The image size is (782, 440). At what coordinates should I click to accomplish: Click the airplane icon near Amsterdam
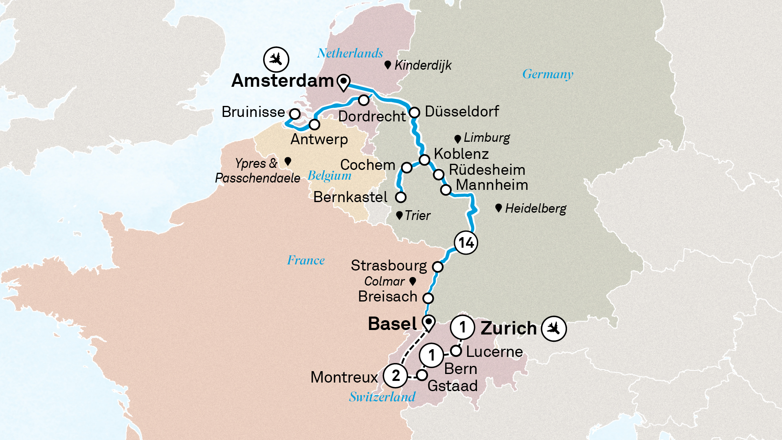pos(276,59)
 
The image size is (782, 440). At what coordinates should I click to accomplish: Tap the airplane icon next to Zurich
pos(554,328)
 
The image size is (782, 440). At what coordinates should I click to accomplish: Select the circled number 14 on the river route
pos(466,243)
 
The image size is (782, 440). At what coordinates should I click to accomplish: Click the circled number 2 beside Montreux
pos(395,376)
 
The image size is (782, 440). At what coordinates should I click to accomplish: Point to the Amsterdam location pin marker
pos(343,82)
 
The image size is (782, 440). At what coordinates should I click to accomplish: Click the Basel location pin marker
pos(428,323)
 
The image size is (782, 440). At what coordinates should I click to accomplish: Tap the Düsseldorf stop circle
pos(414,112)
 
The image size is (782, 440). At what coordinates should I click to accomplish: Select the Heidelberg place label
pos(536,209)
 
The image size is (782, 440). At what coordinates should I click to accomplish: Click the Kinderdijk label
pos(423,65)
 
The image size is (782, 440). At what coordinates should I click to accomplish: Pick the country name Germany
pos(548,74)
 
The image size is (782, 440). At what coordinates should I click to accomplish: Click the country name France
pos(306,260)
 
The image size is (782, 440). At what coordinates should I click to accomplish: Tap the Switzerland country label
pos(382,397)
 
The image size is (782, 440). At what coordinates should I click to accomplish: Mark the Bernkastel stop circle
pos(401,198)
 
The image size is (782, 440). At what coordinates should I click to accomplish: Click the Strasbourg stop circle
pos(438,267)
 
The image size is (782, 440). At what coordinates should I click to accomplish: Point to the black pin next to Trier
pos(399,215)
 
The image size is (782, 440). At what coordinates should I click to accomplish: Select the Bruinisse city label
pos(253,112)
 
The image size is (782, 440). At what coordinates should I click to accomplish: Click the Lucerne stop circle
pos(456,351)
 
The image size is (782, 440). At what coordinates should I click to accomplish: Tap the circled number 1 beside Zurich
pos(462,327)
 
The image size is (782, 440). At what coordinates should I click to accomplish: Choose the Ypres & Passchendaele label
pos(257,171)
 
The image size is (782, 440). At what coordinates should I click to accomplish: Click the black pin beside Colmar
pos(413,281)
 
